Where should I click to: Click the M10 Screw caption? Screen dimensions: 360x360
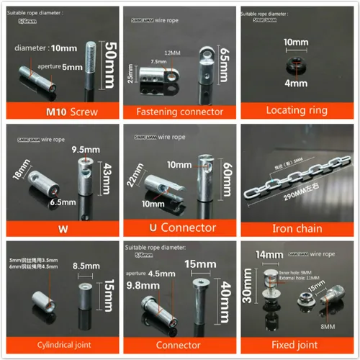60,112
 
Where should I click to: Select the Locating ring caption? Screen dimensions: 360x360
297,112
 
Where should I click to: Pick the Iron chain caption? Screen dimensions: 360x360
297,228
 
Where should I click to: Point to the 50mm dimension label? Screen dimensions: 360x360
110,65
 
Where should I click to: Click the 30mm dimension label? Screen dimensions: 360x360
248,287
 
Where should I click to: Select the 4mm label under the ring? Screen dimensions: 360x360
296,84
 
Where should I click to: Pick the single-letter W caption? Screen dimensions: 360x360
60,228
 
